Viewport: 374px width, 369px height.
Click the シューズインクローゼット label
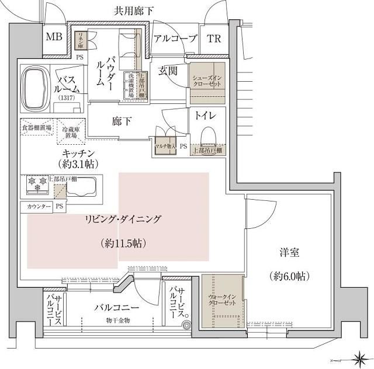coord(207,80)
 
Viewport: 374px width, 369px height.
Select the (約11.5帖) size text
coord(123,242)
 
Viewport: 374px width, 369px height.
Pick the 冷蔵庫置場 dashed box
coord(71,131)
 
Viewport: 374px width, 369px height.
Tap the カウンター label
coord(35,207)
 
